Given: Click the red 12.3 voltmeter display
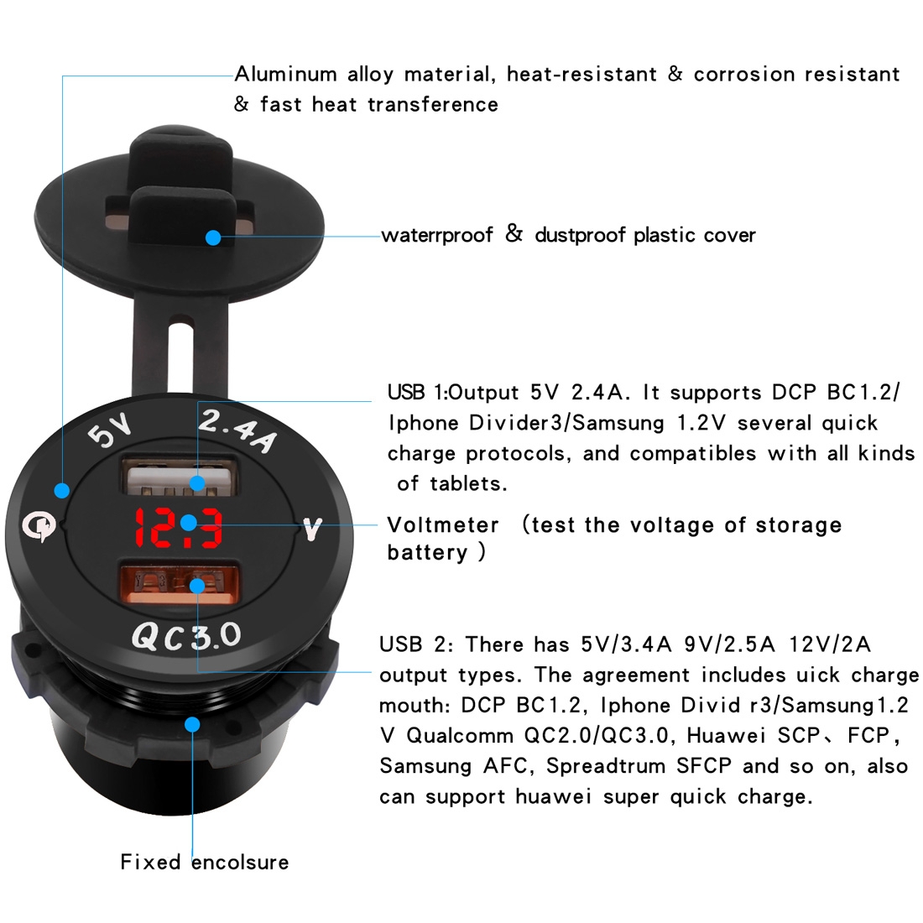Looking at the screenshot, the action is (179, 527).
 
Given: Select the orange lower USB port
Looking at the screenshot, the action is (180, 583).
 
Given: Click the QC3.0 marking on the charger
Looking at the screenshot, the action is (186, 637).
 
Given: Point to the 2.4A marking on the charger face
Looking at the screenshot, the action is (237, 431).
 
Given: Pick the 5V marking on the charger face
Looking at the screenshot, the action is (109, 429).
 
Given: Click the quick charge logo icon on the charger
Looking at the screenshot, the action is (39, 525).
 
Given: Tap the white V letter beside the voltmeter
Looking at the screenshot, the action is (312, 529).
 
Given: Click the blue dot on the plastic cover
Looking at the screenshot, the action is (213, 237).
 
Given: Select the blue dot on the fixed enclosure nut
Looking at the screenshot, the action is (192, 724).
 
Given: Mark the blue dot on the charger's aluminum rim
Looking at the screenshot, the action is (62, 490).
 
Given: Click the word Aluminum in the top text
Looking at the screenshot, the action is (285, 75).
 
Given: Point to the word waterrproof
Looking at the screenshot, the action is (437, 236).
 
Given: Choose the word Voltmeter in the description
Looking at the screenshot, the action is (443, 524).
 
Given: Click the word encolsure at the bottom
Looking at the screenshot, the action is (240, 863).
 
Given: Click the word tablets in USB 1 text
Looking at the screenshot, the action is (468, 484).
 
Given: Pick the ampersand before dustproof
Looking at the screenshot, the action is (514, 234).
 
